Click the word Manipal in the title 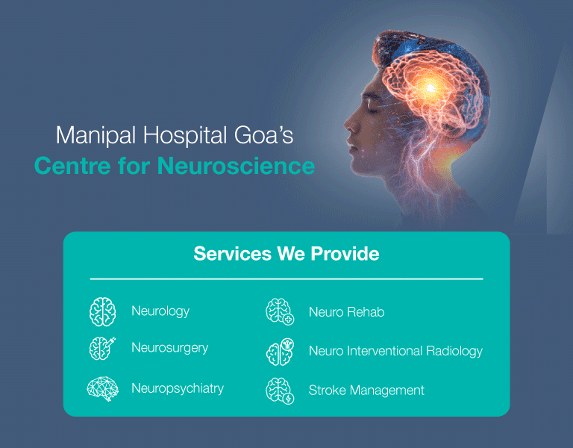pos(95,135)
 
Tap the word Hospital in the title pos(185,135)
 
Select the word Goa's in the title pos(263,134)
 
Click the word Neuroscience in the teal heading pos(236,166)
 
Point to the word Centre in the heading pos(72,166)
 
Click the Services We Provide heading pos(286,253)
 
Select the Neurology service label pos(160,311)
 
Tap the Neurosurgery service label pos(170,348)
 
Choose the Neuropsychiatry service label pos(178,388)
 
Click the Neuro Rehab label pos(346,312)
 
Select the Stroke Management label pos(366,391)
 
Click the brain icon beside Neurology pos(103,311)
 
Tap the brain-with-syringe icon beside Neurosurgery pos(102,348)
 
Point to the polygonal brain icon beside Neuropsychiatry pos(103,389)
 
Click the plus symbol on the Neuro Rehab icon pos(289,320)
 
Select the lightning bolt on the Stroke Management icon pos(289,399)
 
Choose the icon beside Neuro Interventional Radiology pos(280,352)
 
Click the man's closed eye pos(372,110)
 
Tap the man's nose pos(348,123)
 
